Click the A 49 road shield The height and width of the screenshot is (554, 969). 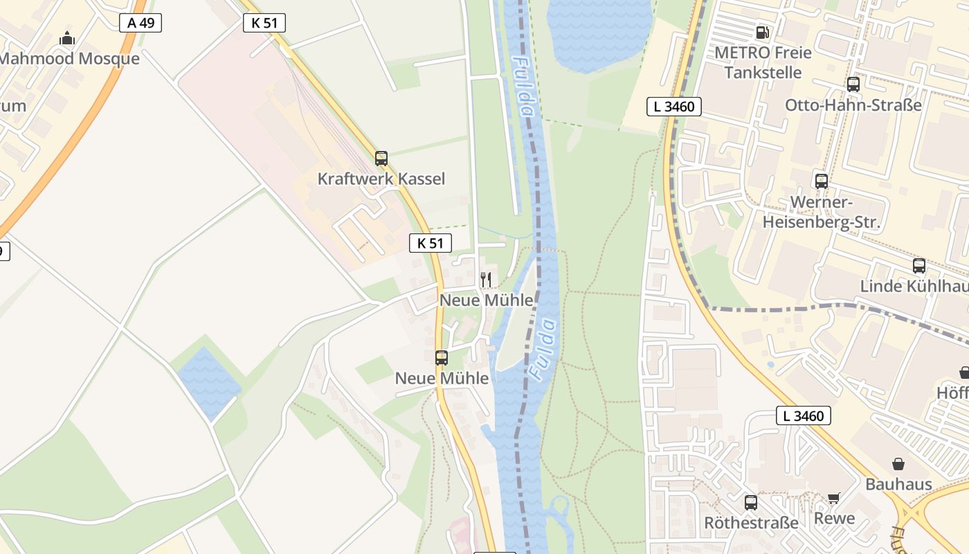141,23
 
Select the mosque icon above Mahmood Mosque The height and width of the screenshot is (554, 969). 67,38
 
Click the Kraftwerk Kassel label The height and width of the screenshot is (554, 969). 381,179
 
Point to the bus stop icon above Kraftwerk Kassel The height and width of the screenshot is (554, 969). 381,159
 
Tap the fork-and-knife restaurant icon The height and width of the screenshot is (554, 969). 486,280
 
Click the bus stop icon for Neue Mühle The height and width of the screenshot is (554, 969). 442,358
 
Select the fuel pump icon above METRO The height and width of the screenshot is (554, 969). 763,32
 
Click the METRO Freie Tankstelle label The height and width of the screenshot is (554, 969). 763,62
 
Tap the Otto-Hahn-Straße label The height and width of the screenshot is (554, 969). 853,105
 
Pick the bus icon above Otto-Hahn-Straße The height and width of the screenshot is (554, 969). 853,84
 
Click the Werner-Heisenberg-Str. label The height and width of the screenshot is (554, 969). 821,213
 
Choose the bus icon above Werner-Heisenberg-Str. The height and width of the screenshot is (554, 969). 822,181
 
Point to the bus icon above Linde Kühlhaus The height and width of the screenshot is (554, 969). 919,266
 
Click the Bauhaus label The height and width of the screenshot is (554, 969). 898,484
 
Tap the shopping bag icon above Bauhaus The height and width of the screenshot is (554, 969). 898,463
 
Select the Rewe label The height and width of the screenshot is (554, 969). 834,519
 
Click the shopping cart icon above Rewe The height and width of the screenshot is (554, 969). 834,497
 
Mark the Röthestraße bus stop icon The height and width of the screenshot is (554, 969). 751,503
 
